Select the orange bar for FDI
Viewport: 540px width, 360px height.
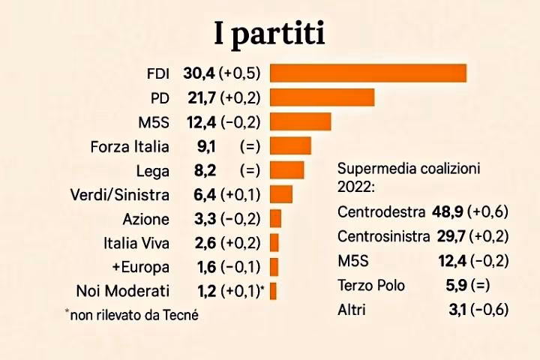click(x=368, y=73)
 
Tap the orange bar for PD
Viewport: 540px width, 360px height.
click(x=322, y=97)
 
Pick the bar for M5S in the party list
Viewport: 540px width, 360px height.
click(x=300, y=121)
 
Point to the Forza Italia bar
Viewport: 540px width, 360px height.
click(x=290, y=145)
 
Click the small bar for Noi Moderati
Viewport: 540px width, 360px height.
click(x=274, y=291)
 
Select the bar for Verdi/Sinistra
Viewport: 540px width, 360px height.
click(x=281, y=194)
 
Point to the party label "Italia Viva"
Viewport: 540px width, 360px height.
click(x=136, y=243)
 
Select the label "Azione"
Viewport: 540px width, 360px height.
click(x=145, y=219)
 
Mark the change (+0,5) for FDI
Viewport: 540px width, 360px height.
click(x=239, y=73)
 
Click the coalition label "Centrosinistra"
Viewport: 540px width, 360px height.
click(x=383, y=236)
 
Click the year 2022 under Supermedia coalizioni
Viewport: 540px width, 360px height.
click(x=356, y=186)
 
